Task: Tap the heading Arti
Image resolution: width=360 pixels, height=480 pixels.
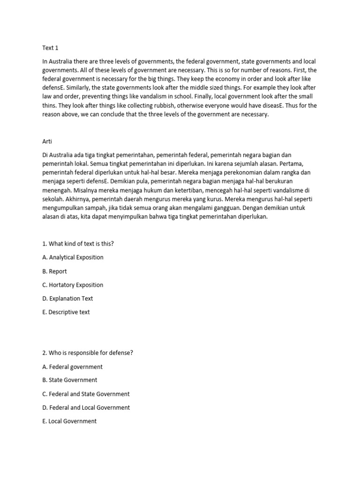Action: pos(47,140)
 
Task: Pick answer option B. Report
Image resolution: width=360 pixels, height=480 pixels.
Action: pos(54,271)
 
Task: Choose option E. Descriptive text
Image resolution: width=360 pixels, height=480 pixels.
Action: pos(66,312)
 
